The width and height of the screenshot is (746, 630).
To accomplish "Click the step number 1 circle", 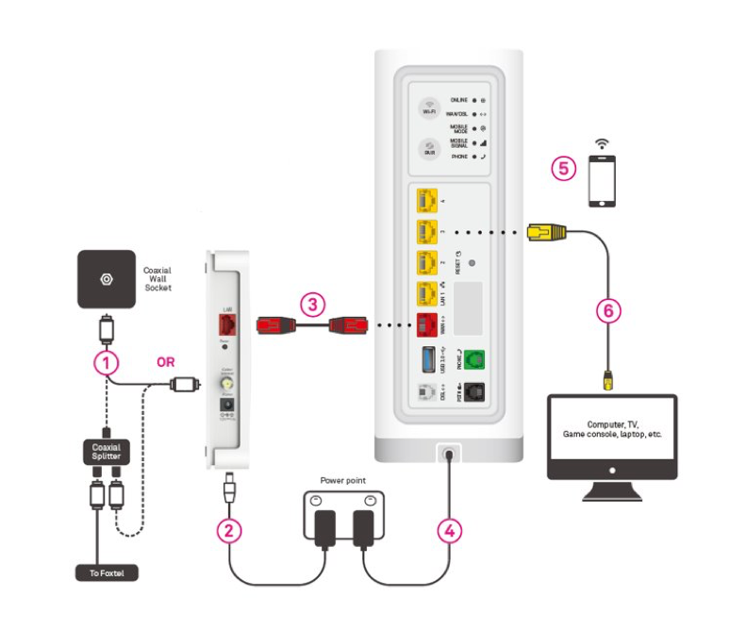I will (x=107, y=360).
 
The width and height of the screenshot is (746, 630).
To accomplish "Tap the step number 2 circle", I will (x=227, y=529).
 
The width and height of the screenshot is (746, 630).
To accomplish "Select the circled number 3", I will (x=313, y=304).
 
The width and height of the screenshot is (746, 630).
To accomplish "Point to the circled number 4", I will (x=450, y=530).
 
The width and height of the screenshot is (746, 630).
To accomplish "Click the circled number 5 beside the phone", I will (x=564, y=169).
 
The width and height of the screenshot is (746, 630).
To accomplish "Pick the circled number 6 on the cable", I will (x=609, y=308).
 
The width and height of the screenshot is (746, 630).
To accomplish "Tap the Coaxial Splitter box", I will (x=107, y=450).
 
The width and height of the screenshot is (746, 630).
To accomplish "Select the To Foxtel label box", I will (x=107, y=572).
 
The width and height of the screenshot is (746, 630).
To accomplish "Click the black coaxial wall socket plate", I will (x=108, y=280).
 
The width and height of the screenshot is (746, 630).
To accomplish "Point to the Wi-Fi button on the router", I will (x=430, y=109).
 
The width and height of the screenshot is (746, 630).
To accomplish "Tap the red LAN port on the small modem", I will (x=226, y=326).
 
